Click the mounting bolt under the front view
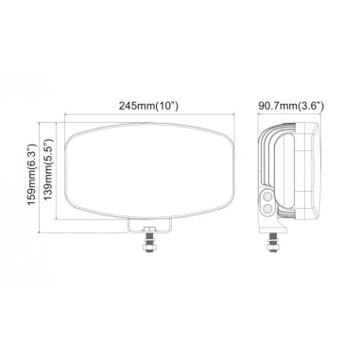coord(147,249)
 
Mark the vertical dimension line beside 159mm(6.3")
coord(40,180)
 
